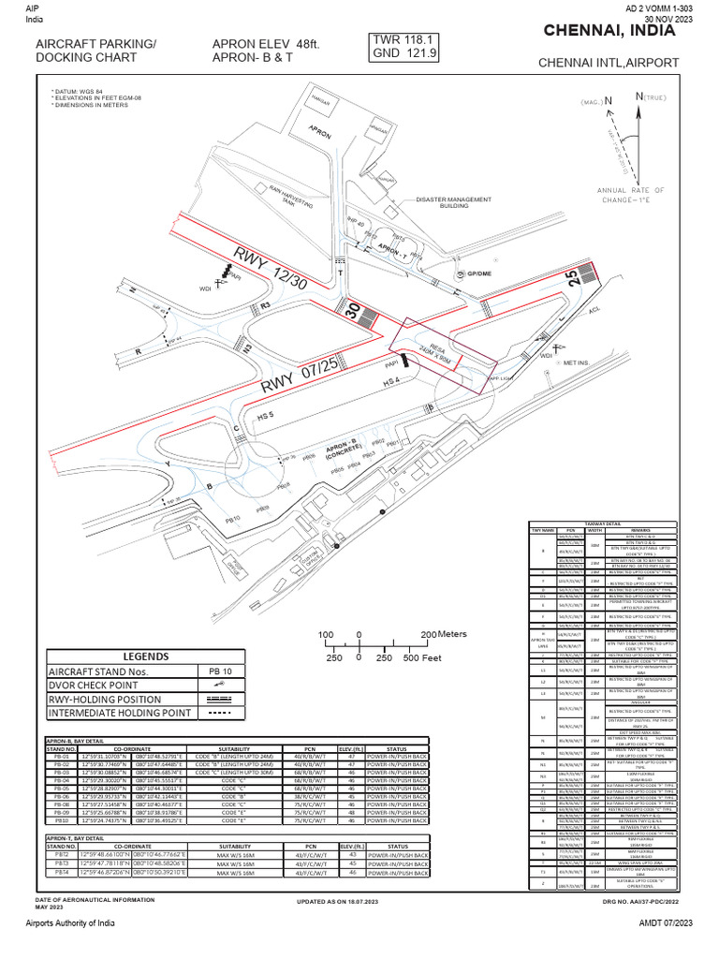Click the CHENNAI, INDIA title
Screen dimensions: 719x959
[x=609, y=32]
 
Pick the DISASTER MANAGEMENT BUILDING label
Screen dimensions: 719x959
[x=455, y=203]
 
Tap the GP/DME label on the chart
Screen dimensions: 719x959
[x=467, y=274]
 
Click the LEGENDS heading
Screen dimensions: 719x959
[x=144, y=657]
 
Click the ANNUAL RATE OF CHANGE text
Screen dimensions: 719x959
[x=631, y=195]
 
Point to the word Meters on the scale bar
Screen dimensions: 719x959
[x=451, y=635]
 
